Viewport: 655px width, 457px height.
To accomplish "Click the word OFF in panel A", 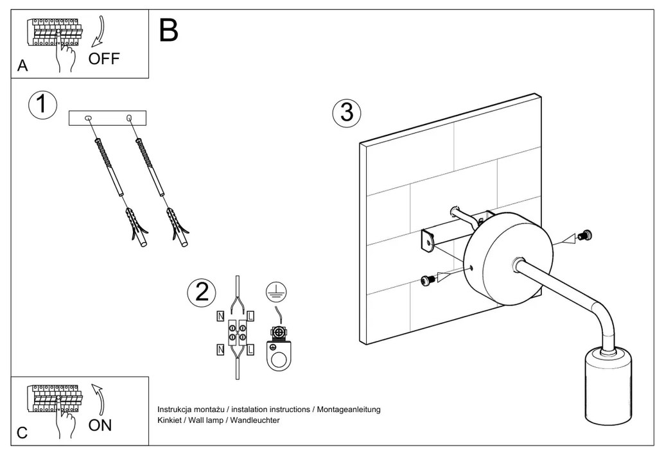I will coord(104,59).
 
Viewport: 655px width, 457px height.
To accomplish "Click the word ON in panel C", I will coord(100,425).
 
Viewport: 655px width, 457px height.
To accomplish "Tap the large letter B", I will coord(168,30).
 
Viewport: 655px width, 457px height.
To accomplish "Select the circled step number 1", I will coord(42,105).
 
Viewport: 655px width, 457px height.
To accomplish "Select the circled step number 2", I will coord(202,293).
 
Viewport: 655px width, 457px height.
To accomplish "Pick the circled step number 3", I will coord(347,112).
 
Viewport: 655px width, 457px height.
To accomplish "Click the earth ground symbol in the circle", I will coord(276,292).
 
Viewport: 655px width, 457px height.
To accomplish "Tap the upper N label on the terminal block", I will coord(220,316).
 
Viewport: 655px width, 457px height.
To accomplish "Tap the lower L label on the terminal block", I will coord(250,350).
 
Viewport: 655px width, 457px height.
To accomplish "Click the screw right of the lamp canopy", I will coord(584,236).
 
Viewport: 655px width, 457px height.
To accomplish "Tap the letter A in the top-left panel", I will coord(23,67).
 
